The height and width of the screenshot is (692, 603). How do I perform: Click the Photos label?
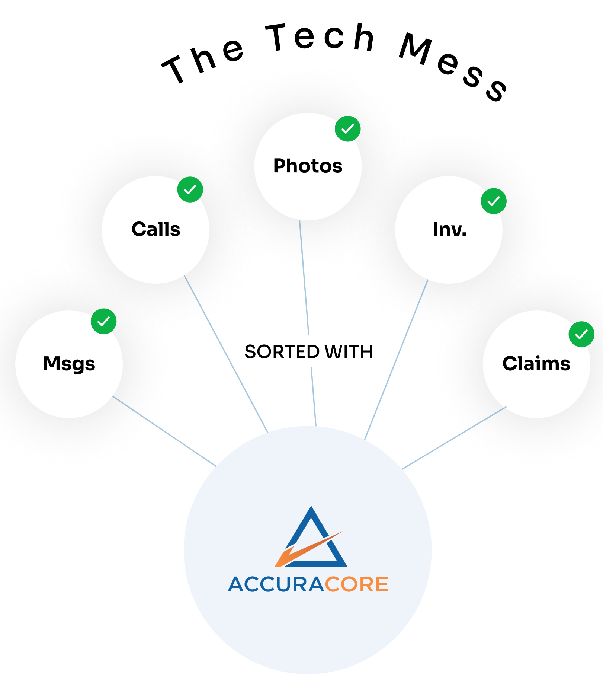tap(308, 166)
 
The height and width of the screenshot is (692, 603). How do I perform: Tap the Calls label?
tap(156, 229)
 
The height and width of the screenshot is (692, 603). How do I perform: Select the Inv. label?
tap(449, 229)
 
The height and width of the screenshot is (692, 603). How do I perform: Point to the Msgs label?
tap(69, 364)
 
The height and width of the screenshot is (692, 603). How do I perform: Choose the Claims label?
tap(536, 363)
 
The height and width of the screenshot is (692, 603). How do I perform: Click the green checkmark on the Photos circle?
tap(348, 129)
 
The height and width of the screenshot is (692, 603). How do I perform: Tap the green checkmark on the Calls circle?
tap(190, 189)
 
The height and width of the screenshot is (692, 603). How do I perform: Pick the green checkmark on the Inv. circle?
tap(494, 201)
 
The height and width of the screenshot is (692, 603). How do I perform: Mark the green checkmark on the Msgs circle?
tap(104, 321)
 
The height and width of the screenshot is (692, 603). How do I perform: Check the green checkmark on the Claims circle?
tap(581, 334)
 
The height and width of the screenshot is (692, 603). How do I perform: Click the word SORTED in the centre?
tap(282, 352)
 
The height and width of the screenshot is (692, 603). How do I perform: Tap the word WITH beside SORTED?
tap(349, 352)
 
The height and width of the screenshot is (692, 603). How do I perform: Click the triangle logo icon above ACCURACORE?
tap(311, 537)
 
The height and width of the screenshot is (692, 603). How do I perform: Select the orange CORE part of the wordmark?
tap(357, 584)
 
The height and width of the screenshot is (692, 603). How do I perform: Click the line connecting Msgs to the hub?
tap(164, 431)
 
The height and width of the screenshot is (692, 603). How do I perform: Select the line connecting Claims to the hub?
tap(454, 438)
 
